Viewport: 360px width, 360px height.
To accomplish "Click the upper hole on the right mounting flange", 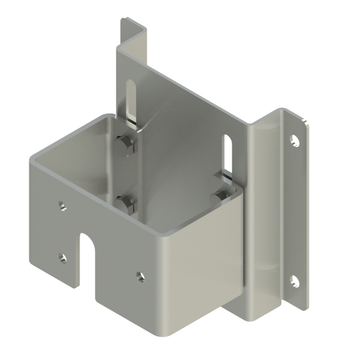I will coord(295,140).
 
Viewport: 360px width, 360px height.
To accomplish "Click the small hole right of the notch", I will coord(139,276).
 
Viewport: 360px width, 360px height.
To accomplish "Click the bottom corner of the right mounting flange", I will coord(303,309).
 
